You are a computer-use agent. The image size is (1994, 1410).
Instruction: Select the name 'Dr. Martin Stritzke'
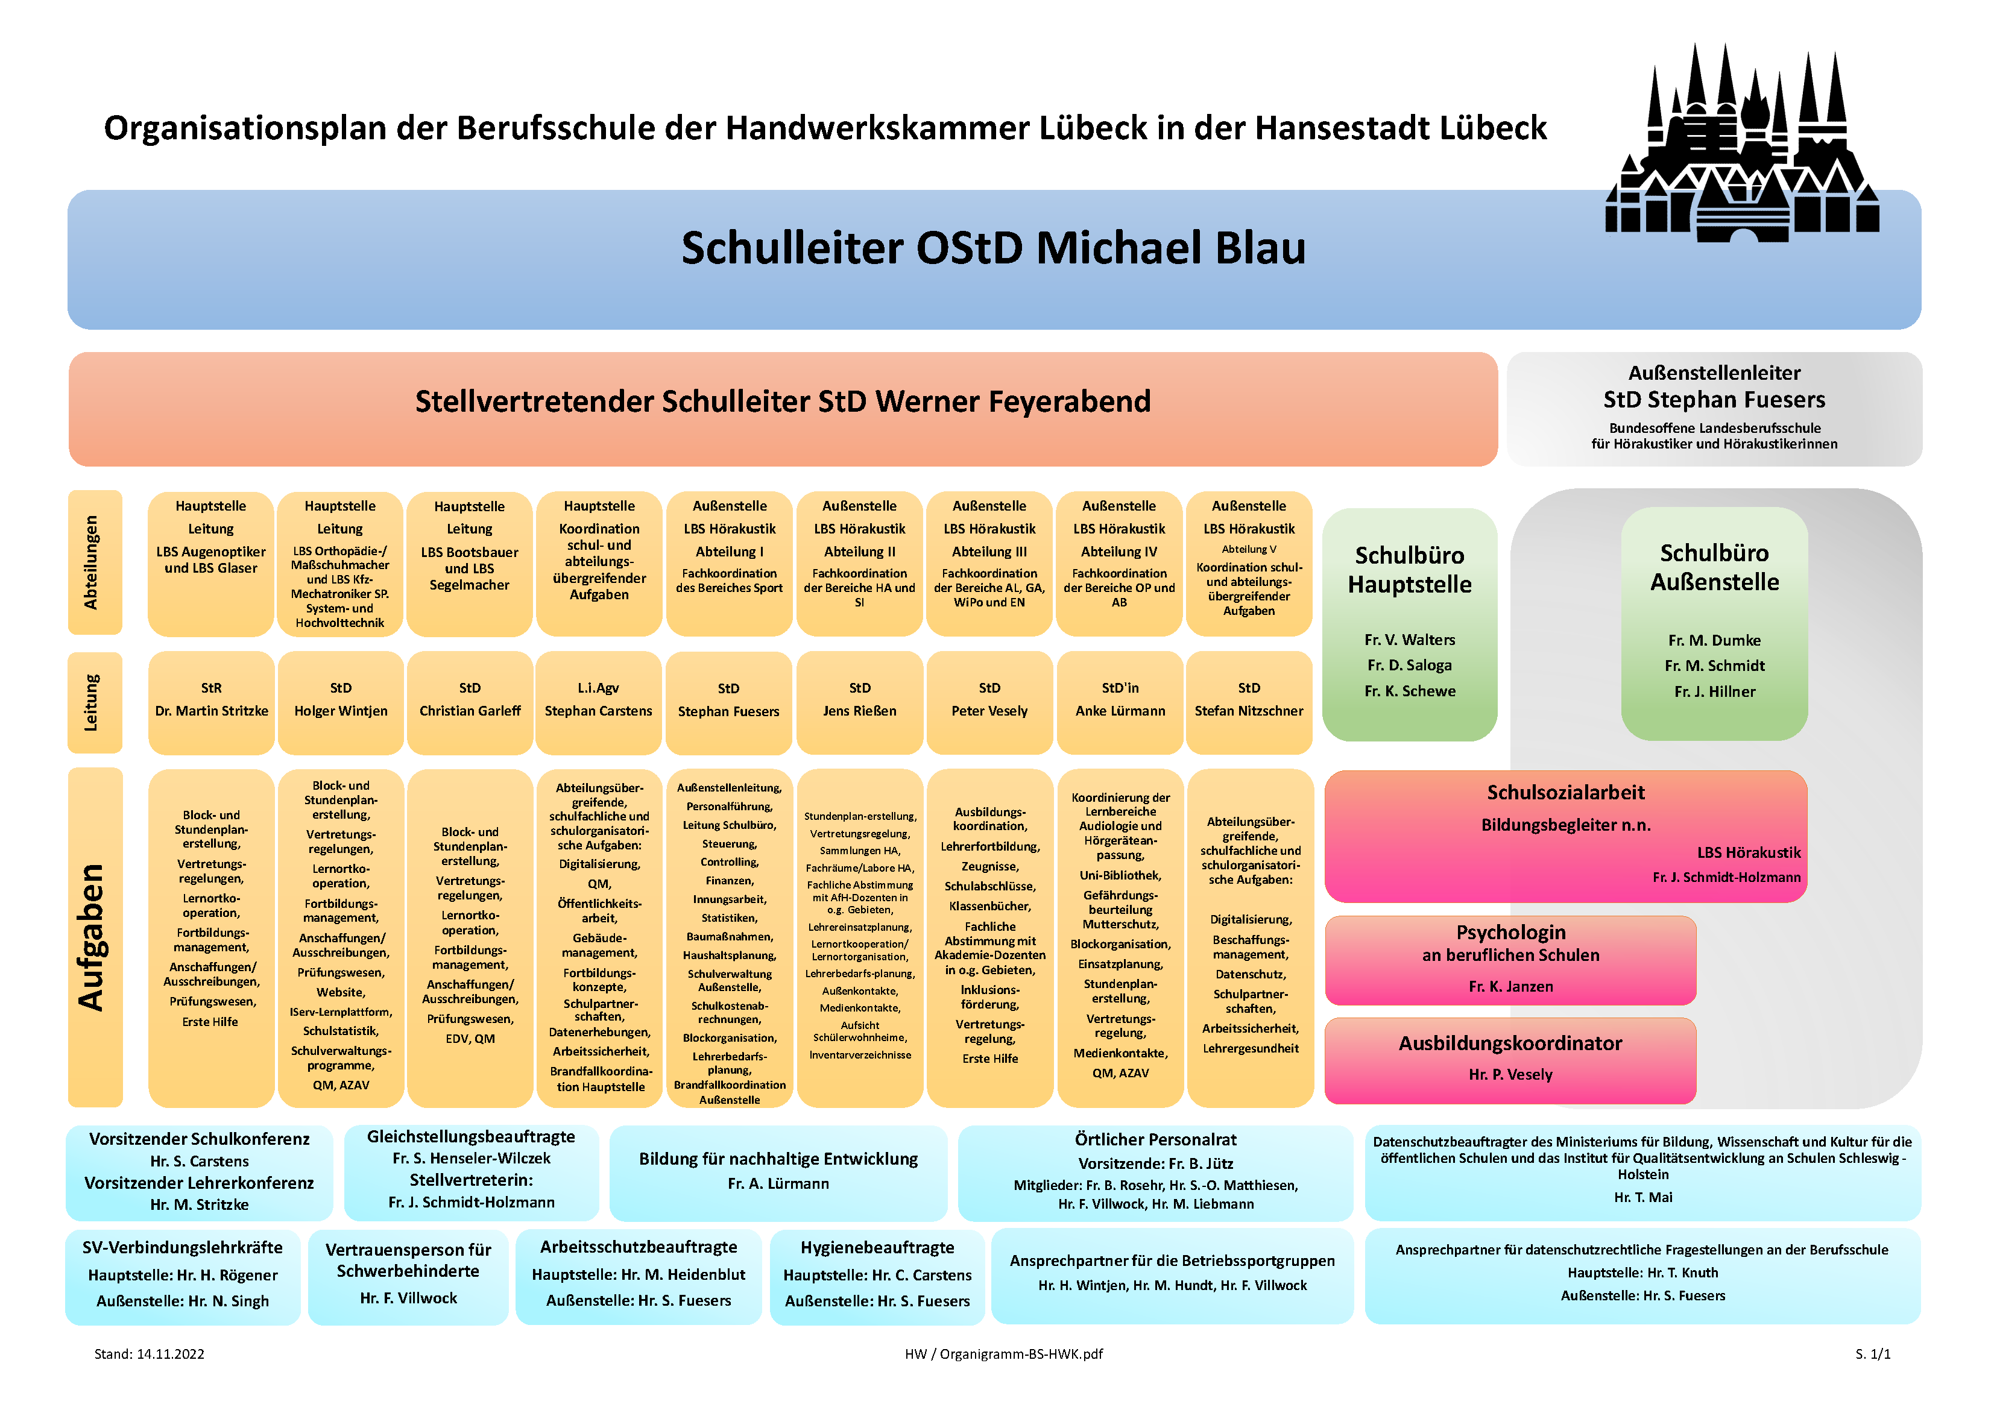(212, 711)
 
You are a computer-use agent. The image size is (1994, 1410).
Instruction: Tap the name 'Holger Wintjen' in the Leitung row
(341, 711)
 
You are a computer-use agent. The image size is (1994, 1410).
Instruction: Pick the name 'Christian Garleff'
(470, 711)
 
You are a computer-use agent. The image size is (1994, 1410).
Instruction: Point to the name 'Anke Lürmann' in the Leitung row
(1120, 711)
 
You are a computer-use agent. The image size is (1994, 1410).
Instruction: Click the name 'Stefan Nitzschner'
(1249, 711)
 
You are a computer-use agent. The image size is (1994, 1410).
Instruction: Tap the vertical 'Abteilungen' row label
(90, 562)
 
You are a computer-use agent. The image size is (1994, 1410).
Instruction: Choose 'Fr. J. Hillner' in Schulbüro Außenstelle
(1714, 692)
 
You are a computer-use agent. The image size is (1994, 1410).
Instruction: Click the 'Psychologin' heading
(1511, 933)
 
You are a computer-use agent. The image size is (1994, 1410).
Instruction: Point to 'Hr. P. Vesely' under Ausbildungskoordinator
(1510, 1075)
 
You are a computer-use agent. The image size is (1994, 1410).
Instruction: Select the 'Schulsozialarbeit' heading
(1566, 793)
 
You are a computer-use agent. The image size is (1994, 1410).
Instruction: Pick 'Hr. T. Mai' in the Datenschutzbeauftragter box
(1643, 1197)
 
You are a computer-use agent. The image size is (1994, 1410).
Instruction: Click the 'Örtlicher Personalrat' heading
(1155, 1140)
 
